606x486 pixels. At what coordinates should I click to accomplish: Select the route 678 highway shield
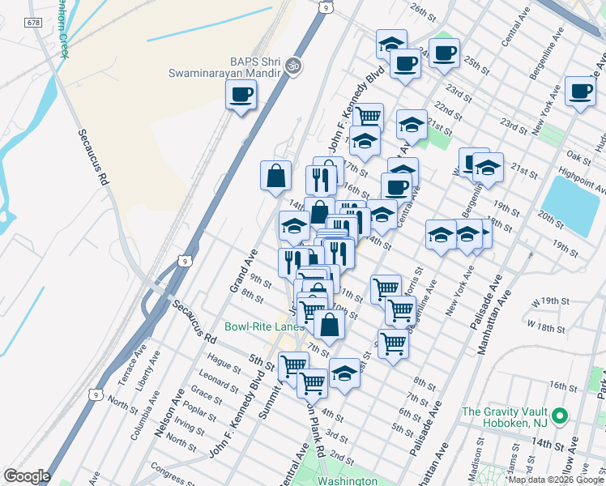pyautogui.click(x=33, y=23)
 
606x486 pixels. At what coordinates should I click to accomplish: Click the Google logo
pyautogui.click(x=26, y=476)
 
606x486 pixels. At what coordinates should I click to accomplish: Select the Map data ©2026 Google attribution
pyautogui.click(x=556, y=480)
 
